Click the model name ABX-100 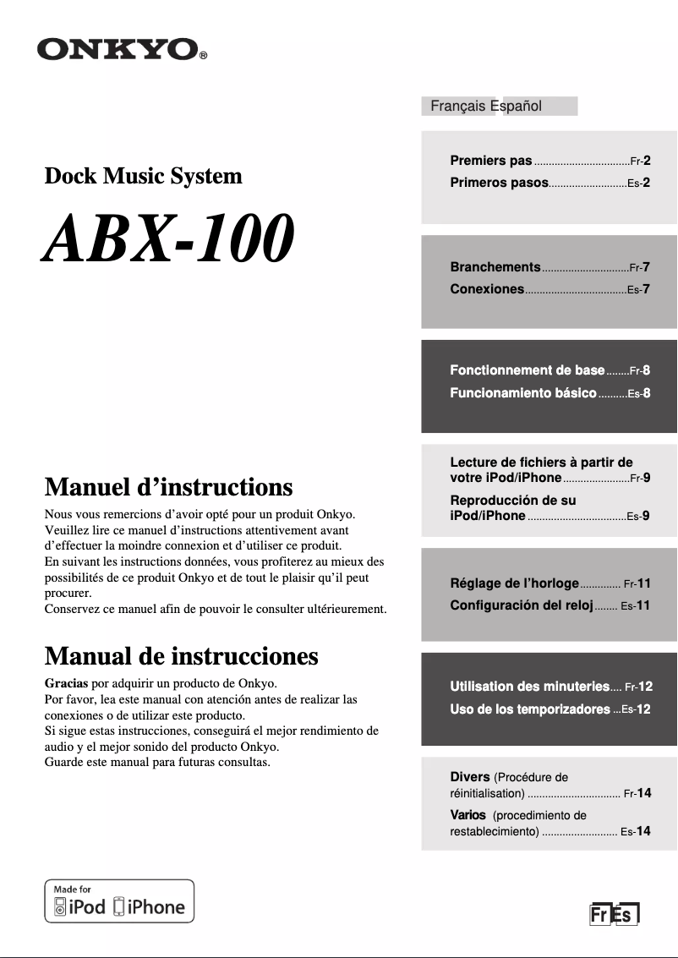tap(170, 238)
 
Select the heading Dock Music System tap(143, 176)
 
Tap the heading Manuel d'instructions tap(168, 487)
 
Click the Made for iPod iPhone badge tap(119, 901)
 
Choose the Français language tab tap(457, 106)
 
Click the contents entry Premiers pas tap(491, 161)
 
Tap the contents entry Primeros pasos tap(499, 183)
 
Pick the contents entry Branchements tap(495, 267)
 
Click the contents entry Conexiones tap(487, 289)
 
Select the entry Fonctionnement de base tap(527, 370)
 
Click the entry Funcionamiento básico tap(523, 393)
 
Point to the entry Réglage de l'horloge tap(514, 583)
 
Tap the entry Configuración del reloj tap(521, 605)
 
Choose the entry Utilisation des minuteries tap(529, 687)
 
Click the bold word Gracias tap(66, 682)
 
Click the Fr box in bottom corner tap(599, 916)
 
